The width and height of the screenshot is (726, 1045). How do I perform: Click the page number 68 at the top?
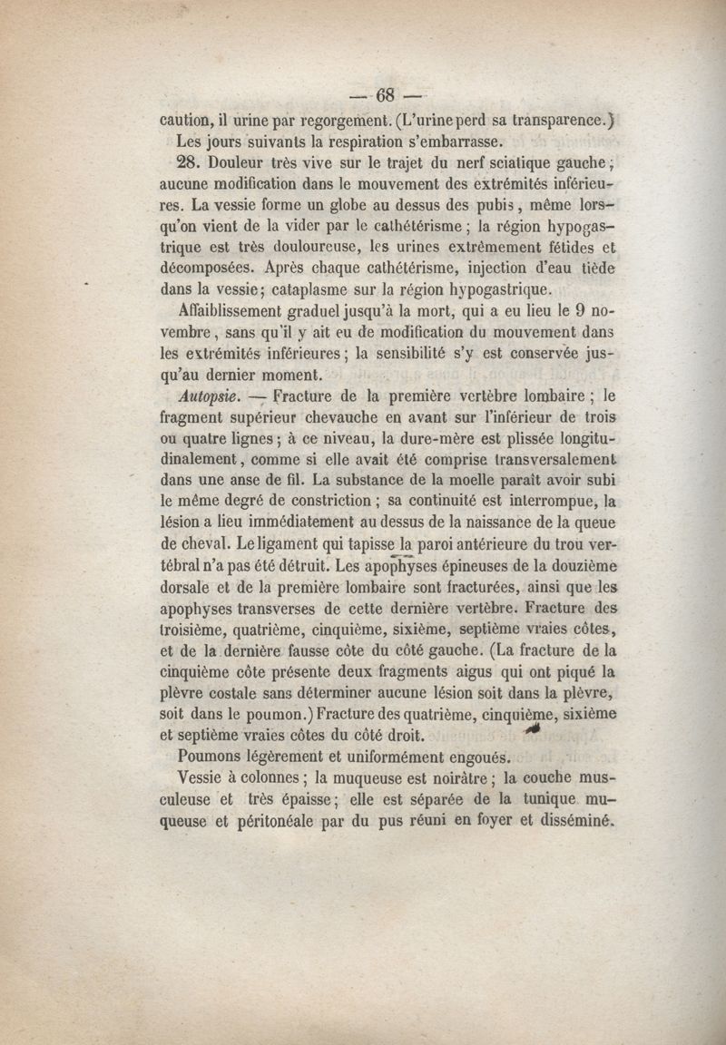387,93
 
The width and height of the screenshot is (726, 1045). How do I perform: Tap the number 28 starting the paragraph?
194,165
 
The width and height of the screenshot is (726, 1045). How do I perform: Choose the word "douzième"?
580,565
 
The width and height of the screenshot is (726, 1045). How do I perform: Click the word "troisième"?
196,629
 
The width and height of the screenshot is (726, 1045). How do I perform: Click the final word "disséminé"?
575,822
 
